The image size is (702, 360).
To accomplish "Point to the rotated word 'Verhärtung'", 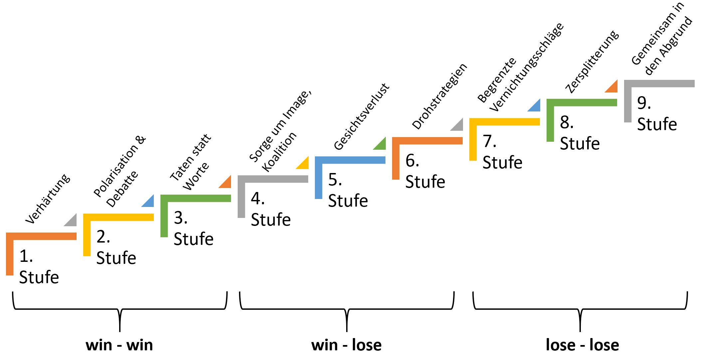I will pos(48,199).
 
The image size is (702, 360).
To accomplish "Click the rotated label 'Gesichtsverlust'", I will pos(361,117).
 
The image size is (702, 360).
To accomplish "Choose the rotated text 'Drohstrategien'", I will pos(439,96).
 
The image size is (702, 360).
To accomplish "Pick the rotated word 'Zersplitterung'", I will pos(592,62).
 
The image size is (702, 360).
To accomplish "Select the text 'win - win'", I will pos(119,345).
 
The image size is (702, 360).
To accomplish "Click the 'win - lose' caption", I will pos(347,345).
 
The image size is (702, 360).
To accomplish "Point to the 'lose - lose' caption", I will pos(583,345).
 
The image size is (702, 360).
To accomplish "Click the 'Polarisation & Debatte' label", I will pos(120,171).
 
